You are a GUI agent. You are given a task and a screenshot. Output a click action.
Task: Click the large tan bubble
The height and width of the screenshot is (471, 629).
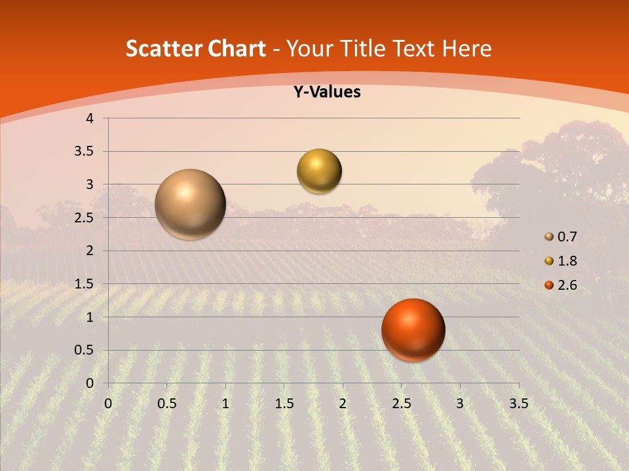(x=190, y=204)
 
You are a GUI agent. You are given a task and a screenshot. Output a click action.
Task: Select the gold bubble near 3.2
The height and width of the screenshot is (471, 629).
(x=319, y=171)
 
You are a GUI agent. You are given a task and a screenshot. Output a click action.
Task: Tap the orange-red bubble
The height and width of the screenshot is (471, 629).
(x=413, y=330)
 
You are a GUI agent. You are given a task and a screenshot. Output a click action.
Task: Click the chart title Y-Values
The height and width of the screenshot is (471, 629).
(x=327, y=92)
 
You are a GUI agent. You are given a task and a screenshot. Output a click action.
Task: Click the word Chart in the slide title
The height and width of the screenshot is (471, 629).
(x=237, y=48)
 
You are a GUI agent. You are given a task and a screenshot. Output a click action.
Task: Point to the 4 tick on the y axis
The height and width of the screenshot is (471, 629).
(x=90, y=118)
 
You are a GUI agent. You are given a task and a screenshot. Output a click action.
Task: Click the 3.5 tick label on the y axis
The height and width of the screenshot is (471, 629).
(x=85, y=151)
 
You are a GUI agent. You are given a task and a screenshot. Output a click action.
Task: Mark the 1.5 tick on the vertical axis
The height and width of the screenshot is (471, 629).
(x=85, y=284)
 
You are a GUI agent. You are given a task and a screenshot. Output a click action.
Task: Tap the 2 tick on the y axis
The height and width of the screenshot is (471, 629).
(x=90, y=251)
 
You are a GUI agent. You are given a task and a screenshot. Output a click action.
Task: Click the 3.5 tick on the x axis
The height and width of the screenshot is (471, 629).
(x=518, y=404)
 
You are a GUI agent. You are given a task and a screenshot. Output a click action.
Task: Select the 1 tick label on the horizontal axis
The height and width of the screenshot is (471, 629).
(x=225, y=404)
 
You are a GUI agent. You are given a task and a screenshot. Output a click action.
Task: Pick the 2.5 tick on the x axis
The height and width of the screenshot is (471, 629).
(x=401, y=404)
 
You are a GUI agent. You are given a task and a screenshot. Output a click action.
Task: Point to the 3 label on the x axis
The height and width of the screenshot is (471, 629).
(x=460, y=404)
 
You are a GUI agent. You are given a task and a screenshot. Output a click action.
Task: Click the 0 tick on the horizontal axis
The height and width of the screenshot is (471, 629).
(x=108, y=404)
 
